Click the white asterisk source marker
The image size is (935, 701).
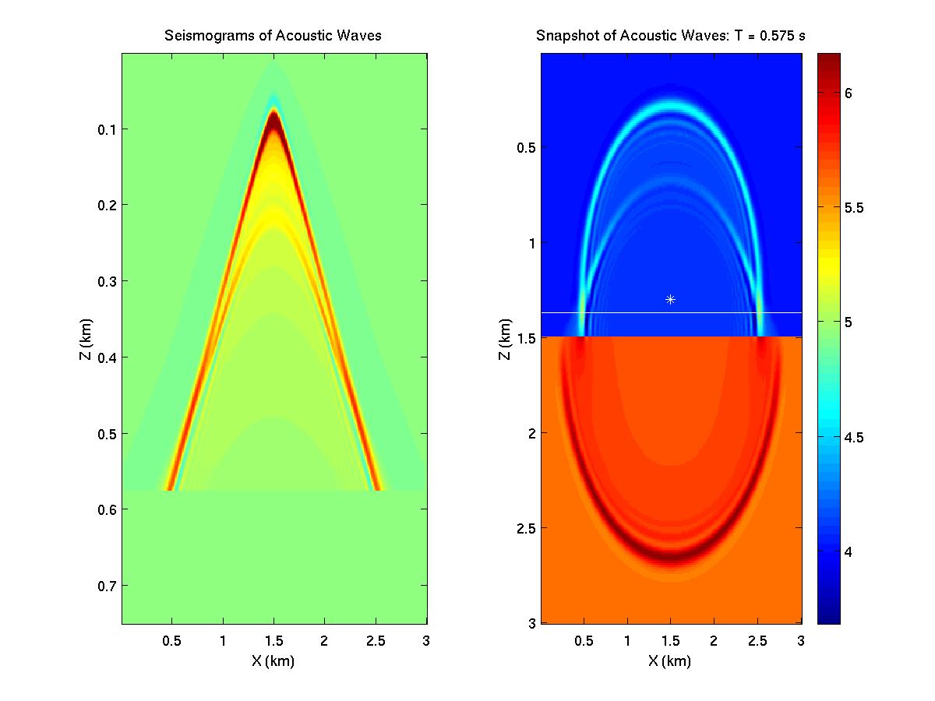click(x=670, y=299)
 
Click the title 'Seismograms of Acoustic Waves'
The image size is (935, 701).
click(x=273, y=36)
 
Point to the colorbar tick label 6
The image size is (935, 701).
click(x=849, y=93)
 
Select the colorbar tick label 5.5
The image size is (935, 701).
click(x=855, y=208)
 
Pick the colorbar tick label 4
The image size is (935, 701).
click(x=849, y=551)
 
